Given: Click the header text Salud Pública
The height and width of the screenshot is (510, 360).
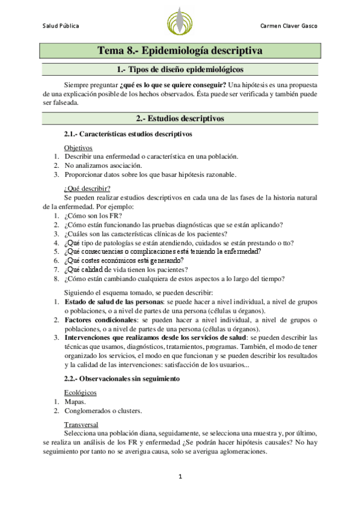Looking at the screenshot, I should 60,26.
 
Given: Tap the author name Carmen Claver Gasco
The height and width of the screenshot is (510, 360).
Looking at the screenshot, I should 288,26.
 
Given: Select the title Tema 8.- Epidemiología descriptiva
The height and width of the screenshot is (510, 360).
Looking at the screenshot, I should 180,51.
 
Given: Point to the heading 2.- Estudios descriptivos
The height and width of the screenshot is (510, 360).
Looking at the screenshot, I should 180,118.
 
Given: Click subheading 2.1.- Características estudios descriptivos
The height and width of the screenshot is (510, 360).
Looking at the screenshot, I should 127,134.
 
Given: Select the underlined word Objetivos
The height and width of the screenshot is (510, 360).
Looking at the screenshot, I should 78,147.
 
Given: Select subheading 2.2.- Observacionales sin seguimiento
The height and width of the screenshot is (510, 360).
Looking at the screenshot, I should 127,378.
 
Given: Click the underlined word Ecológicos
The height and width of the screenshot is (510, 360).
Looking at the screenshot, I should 81,392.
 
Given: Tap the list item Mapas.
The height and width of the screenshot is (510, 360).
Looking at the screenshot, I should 75,401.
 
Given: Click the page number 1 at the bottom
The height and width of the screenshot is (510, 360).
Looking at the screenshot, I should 179,477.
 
